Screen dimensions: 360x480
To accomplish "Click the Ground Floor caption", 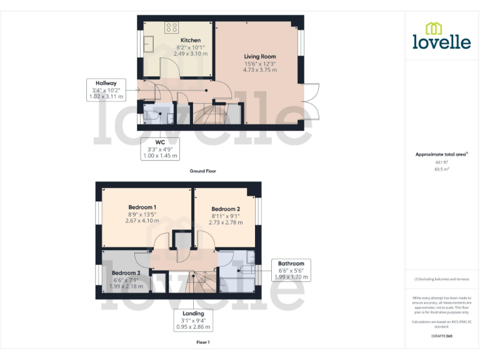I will coord(203,171).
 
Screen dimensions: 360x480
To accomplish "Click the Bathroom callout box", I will coord(291,270).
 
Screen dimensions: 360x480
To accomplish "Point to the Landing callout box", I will coord(193,320).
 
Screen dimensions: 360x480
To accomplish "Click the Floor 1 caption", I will coord(203,342).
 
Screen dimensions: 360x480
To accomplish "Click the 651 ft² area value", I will coord(441,162).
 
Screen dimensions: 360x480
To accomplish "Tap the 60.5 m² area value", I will coord(441,169).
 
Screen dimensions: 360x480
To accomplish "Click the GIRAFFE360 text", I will coord(441,336).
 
